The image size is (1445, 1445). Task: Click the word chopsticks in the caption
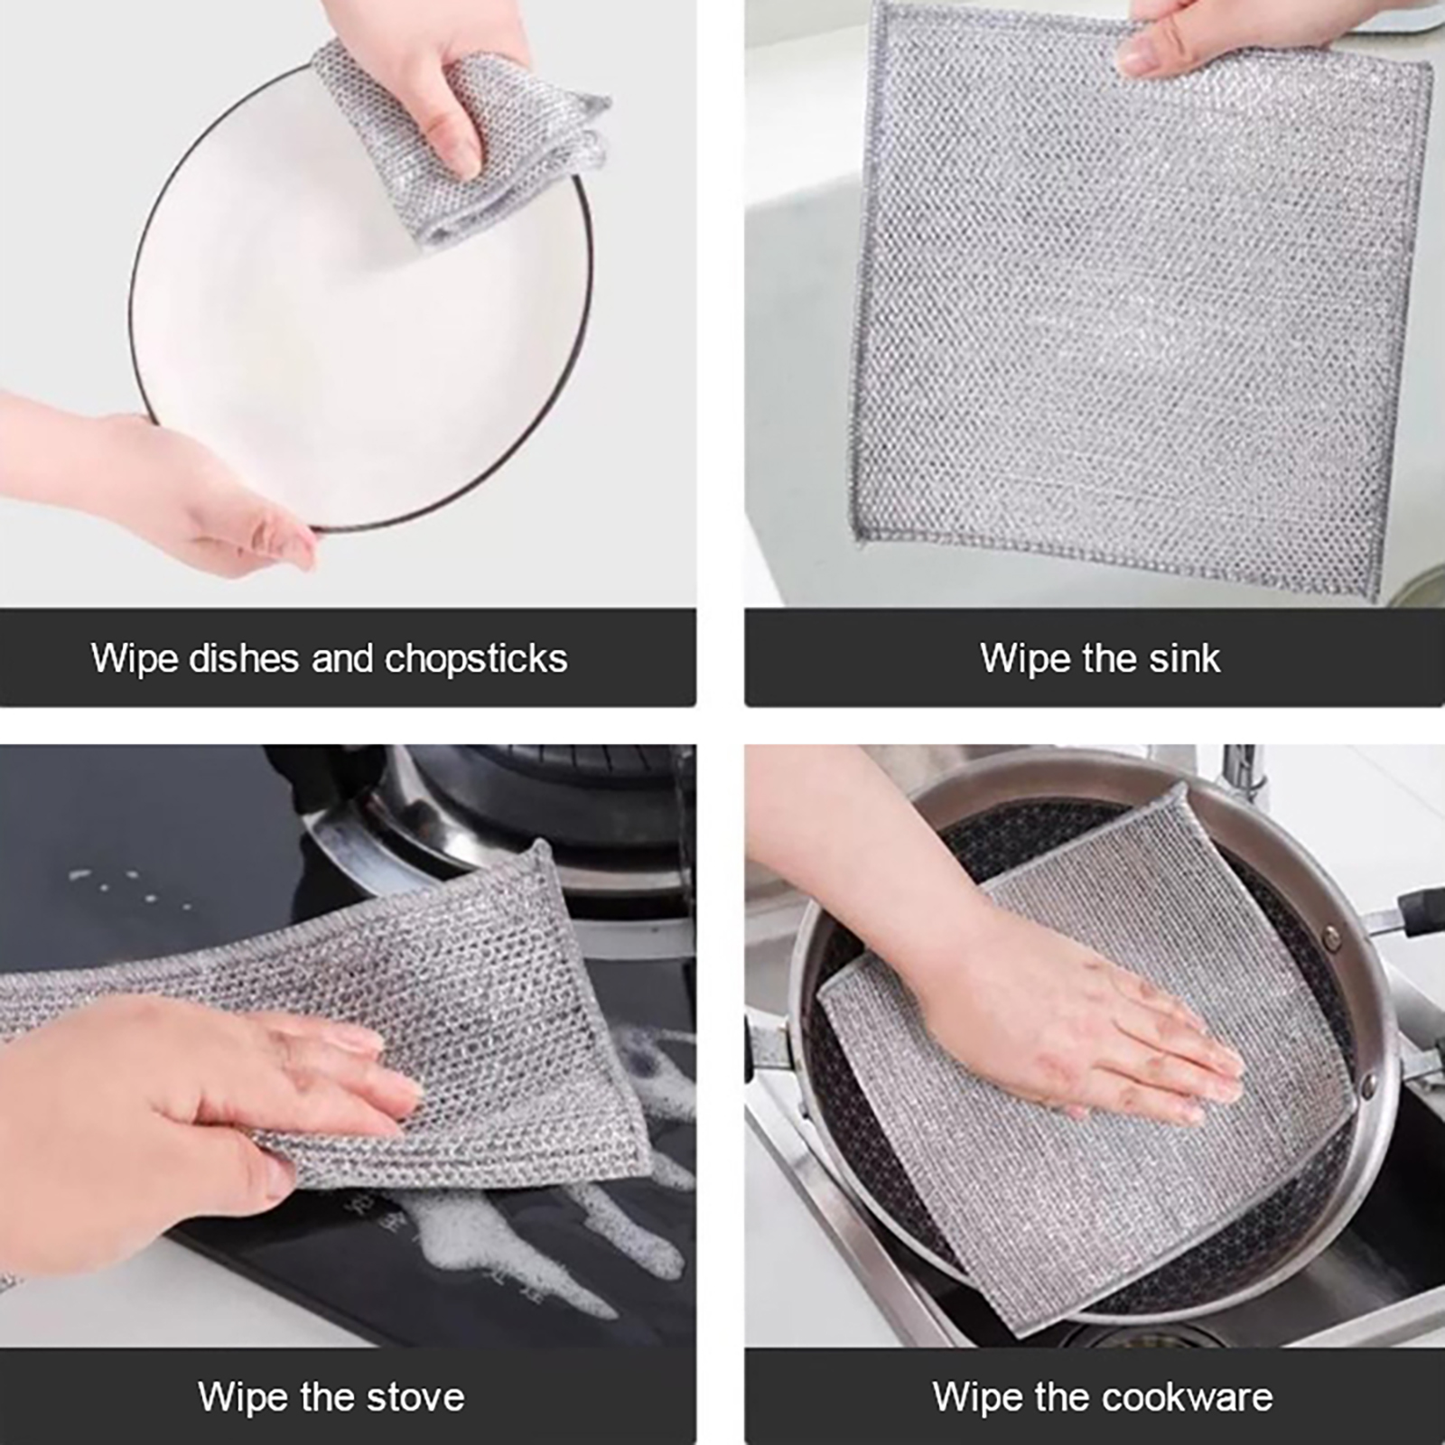(476, 659)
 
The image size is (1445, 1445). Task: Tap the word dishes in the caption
(244, 658)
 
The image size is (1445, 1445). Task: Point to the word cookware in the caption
(1188, 1397)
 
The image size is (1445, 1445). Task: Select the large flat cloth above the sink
(1140, 298)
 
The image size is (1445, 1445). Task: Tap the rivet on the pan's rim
(1334, 941)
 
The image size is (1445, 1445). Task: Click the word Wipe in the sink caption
(1023, 659)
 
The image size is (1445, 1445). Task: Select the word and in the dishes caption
(342, 658)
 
